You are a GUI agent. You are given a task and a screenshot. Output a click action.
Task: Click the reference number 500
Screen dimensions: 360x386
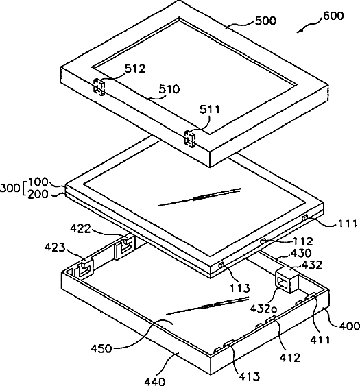pos(265,21)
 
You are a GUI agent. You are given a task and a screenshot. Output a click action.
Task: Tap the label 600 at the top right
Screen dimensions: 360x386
pos(333,16)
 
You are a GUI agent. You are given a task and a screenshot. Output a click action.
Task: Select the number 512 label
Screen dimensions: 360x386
pos(135,69)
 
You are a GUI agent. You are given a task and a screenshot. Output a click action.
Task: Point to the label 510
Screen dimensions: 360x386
pos(169,89)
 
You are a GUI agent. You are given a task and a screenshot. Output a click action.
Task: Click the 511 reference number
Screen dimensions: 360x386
pos(210,109)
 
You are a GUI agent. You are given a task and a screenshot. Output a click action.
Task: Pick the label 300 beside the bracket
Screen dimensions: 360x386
pos(10,189)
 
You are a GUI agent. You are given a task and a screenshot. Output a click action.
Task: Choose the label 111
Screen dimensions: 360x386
pos(347,224)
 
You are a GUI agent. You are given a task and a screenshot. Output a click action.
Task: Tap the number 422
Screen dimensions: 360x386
pos(81,229)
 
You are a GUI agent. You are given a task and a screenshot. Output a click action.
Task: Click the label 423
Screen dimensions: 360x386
pos(55,248)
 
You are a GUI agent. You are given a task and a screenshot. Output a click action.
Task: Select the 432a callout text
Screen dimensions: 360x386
pos(263,309)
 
